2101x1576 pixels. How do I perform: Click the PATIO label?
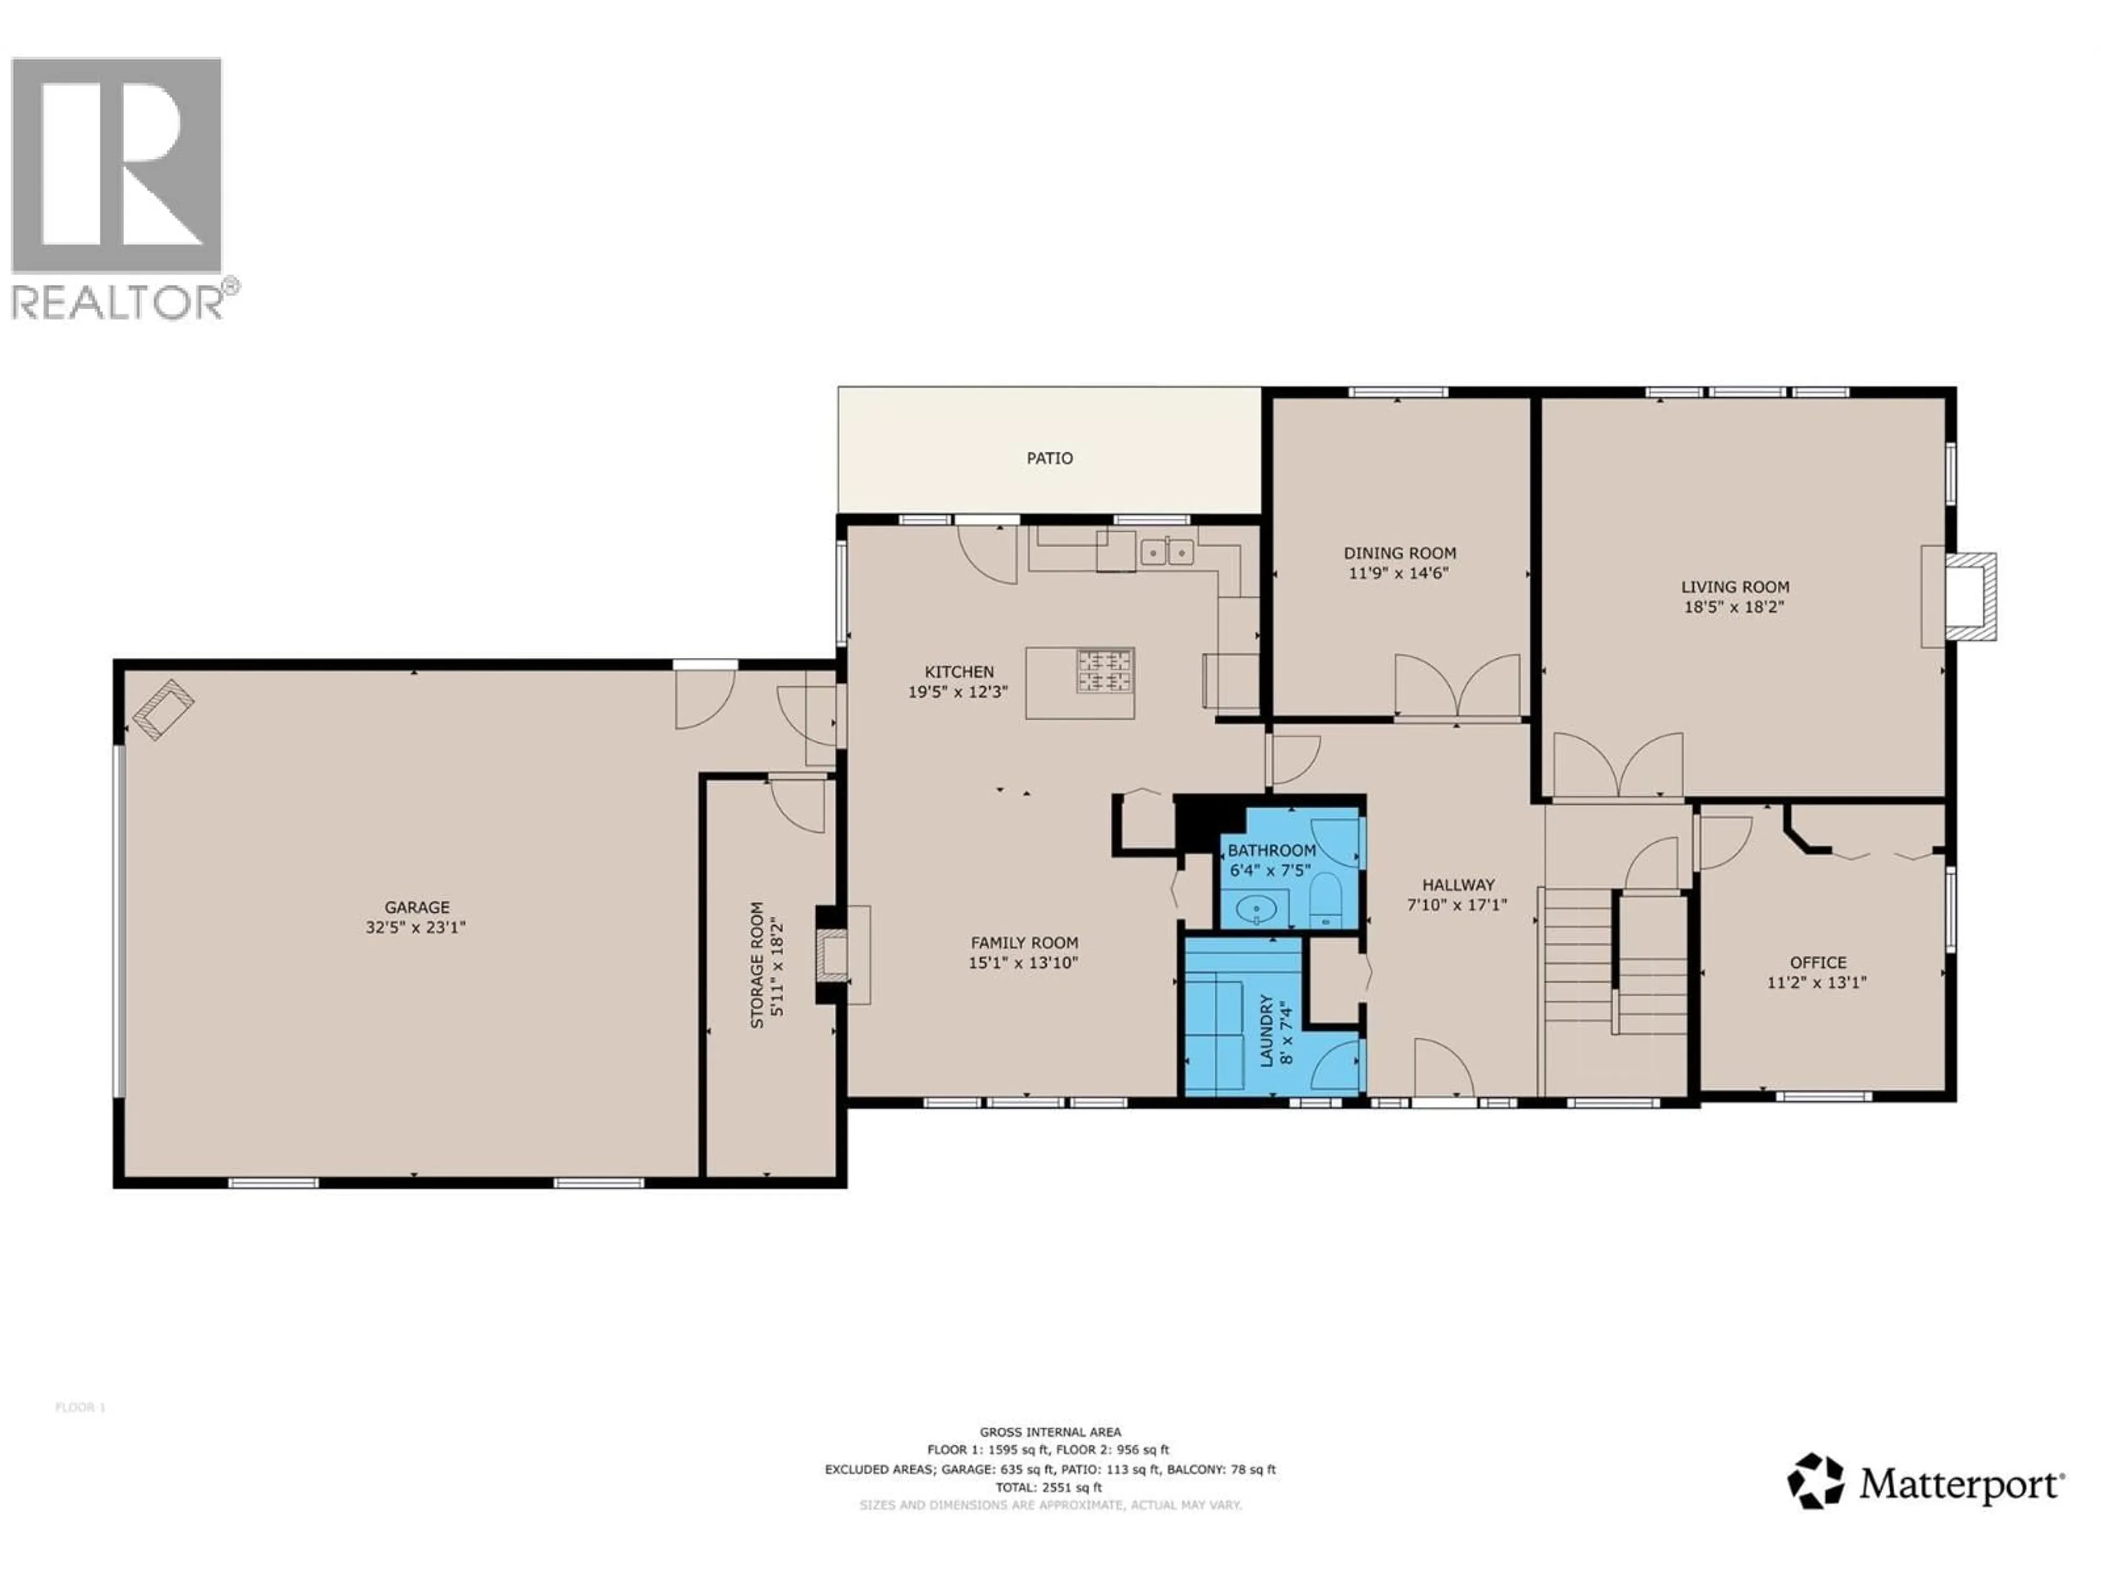point(1049,458)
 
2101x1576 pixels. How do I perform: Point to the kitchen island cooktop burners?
point(1105,670)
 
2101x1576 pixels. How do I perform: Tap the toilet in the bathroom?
point(1325,898)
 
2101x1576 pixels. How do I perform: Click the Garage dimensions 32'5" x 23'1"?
point(415,927)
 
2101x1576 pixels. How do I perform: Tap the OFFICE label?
point(1818,963)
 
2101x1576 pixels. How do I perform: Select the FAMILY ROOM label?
point(1023,942)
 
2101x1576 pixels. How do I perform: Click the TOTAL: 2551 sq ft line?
point(1049,1488)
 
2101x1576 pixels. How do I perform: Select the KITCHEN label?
point(959,671)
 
